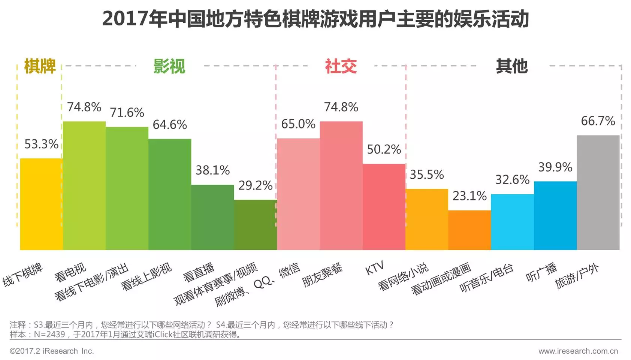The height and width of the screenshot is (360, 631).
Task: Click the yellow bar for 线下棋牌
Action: coord(41,204)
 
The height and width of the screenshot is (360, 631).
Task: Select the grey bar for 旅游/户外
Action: coord(598,193)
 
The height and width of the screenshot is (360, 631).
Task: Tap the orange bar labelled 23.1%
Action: coord(470,230)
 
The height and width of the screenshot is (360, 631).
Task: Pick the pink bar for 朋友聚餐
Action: coord(341,185)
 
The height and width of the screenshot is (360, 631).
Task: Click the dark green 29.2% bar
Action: coord(256,225)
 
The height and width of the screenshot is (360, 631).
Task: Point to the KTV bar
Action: coord(384,207)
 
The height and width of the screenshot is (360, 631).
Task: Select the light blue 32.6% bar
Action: coord(512,222)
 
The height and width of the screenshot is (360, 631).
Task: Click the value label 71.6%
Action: coord(127,112)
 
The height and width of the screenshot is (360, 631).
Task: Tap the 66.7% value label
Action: coord(598,121)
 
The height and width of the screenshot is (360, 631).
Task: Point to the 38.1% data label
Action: coord(212,170)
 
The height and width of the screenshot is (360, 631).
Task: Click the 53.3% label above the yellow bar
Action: coord(41,144)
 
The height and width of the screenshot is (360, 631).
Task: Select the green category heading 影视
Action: coord(169,67)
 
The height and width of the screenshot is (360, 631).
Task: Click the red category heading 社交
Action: coord(341,67)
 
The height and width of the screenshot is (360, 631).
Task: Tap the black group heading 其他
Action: coord(512,67)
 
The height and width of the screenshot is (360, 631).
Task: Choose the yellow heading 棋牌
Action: coord(40,67)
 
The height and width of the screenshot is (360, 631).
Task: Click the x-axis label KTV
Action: coord(374,268)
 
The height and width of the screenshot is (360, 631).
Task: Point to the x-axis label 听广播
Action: coord(541,272)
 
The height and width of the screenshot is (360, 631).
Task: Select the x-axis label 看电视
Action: coord(70,272)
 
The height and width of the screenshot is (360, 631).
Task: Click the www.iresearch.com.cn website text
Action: coord(578,351)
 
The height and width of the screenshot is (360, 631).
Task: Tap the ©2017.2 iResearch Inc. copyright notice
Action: coord(52,351)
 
